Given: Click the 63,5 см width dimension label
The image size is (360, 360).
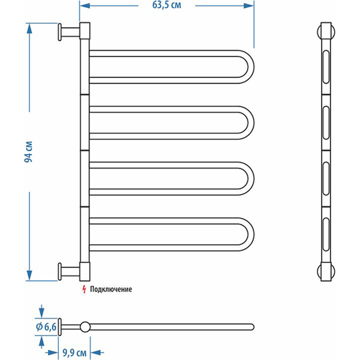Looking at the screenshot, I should tap(167, 5).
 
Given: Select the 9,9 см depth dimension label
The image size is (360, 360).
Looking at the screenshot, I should tap(78, 352).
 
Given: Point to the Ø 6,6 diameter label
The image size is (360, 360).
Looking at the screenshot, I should tap(46, 326).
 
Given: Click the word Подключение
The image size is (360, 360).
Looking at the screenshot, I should tap(110, 289).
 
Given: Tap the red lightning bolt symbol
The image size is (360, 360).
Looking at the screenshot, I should tap(84, 289).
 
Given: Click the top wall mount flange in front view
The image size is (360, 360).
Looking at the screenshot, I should tap(60, 32).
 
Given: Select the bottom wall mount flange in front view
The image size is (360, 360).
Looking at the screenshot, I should tap(60, 271).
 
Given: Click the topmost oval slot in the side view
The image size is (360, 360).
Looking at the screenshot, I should tap(326, 65).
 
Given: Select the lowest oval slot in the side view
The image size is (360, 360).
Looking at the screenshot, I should tap(326, 233).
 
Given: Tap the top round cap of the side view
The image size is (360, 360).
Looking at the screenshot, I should tap(326, 30).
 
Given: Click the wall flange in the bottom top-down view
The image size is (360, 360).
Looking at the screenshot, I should tap(60, 326).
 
